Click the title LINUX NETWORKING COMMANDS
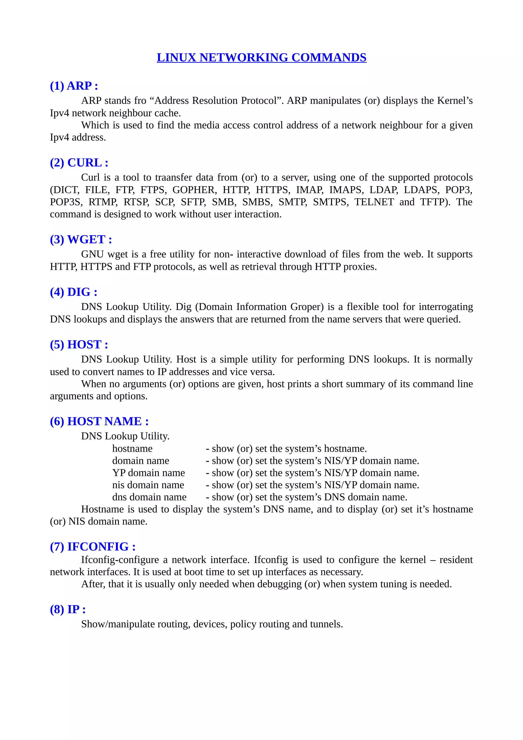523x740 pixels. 261,57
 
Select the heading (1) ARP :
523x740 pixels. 74,86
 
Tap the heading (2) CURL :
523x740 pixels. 79,163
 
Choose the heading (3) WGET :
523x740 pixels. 81,240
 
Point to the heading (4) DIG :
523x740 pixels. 74,292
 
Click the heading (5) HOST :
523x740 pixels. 79,344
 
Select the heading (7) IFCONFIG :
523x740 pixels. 93,547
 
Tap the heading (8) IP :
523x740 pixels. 68,609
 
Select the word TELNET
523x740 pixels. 374,202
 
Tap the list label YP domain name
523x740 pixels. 149,473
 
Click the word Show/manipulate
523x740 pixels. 118,624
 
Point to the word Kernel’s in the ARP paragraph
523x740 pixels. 455,101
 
